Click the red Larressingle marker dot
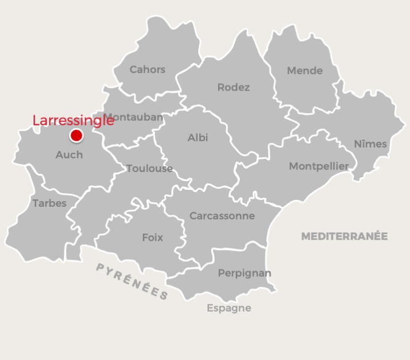(76, 136)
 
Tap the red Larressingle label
(73, 121)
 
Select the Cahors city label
(147, 69)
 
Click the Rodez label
(233, 87)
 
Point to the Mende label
(305, 71)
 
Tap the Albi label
(198, 137)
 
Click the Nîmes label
(370, 144)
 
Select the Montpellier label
(319, 166)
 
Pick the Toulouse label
(149, 168)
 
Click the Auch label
(69, 154)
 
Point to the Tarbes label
(50, 203)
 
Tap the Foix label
(152, 237)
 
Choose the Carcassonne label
(222, 216)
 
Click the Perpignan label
(244, 273)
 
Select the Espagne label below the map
(228, 308)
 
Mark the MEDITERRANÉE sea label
(344, 236)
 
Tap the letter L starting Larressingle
(36, 121)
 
